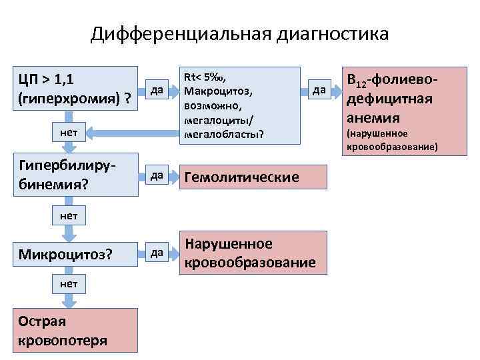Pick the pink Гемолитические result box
[x=254, y=177]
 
